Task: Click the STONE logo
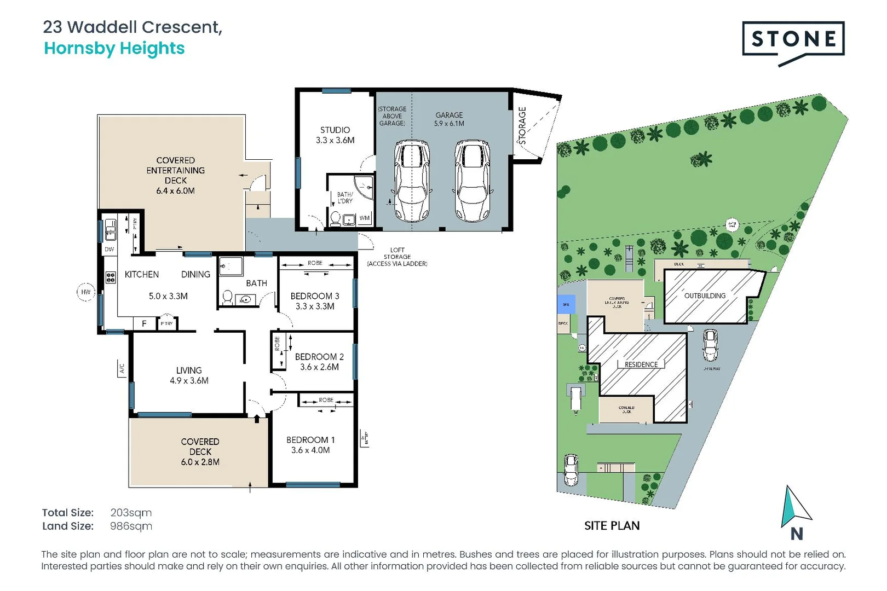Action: [x=793, y=39]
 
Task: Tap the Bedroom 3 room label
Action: [x=315, y=296]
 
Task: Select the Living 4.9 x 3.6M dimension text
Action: [x=189, y=381]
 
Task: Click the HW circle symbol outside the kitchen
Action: [x=86, y=292]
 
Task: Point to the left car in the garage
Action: [x=412, y=181]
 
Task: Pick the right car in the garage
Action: [x=472, y=181]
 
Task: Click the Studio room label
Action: [x=335, y=130]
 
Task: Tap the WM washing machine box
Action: [x=365, y=218]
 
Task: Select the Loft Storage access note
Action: [x=397, y=257]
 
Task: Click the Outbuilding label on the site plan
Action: [x=705, y=296]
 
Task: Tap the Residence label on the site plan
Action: [x=641, y=364]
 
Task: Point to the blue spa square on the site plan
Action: [x=566, y=304]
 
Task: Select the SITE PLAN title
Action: [x=612, y=526]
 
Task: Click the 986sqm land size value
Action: [x=131, y=526]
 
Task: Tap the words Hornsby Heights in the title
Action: [x=114, y=49]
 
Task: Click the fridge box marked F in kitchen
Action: [x=144, y=324]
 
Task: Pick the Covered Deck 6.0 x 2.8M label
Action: [x=200, y=451]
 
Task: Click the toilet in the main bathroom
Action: [x=227, y=297]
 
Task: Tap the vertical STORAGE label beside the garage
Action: [x=522, y=126]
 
